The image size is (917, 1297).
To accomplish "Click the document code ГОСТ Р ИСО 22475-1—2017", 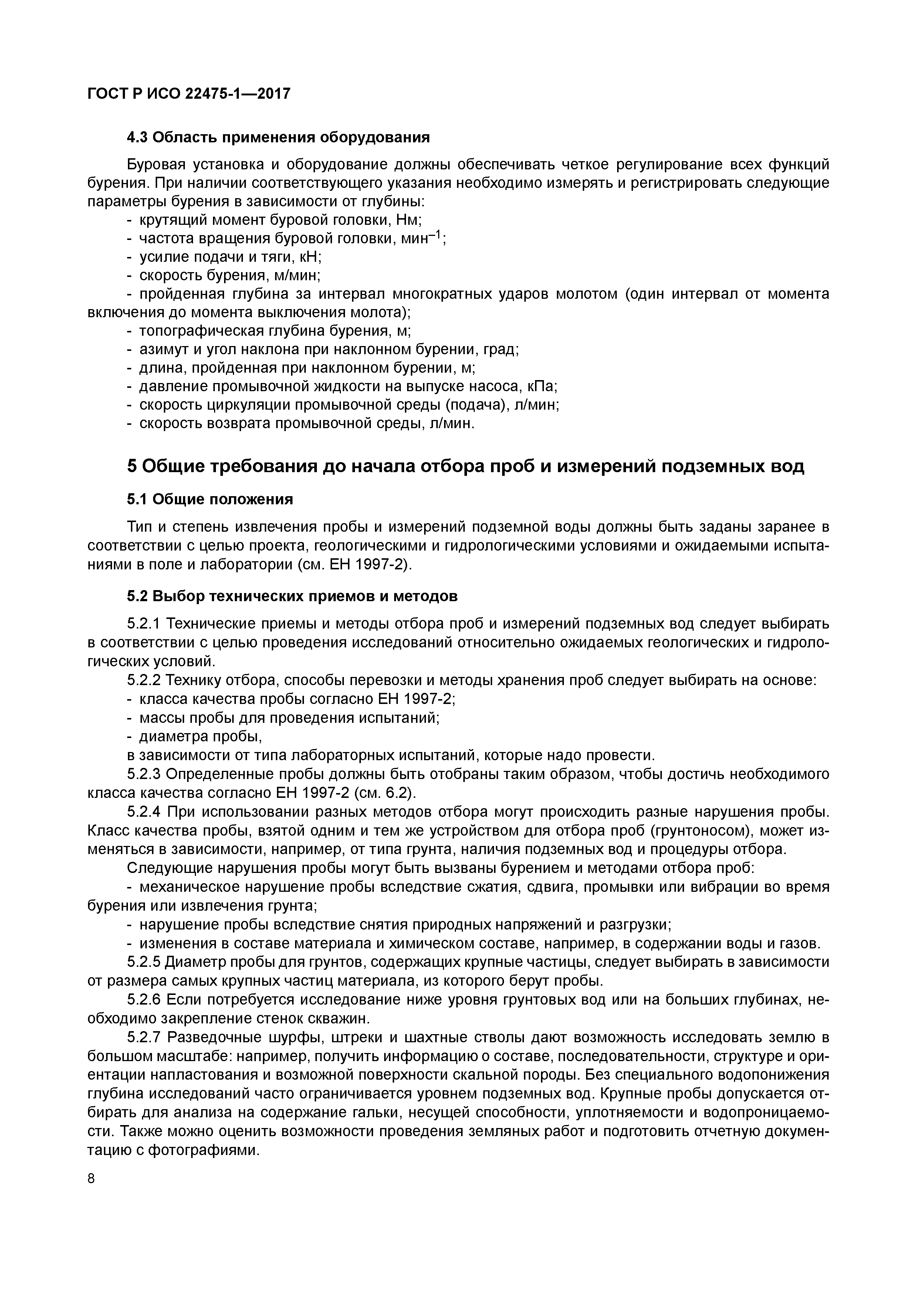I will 189,93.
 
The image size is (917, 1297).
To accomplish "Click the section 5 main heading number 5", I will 132,467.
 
